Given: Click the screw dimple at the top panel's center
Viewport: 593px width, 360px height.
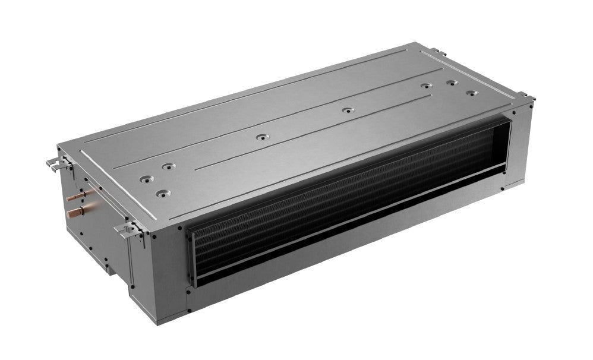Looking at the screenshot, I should coord(260,137).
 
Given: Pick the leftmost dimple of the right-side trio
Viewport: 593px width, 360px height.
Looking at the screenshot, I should coord(425,86).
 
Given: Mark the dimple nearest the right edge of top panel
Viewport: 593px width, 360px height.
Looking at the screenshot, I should coord(471,93).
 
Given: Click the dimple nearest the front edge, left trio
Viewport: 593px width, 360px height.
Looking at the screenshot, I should coord(160,192).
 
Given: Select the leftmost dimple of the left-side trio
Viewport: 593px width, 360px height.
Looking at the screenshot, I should coord(144,178).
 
